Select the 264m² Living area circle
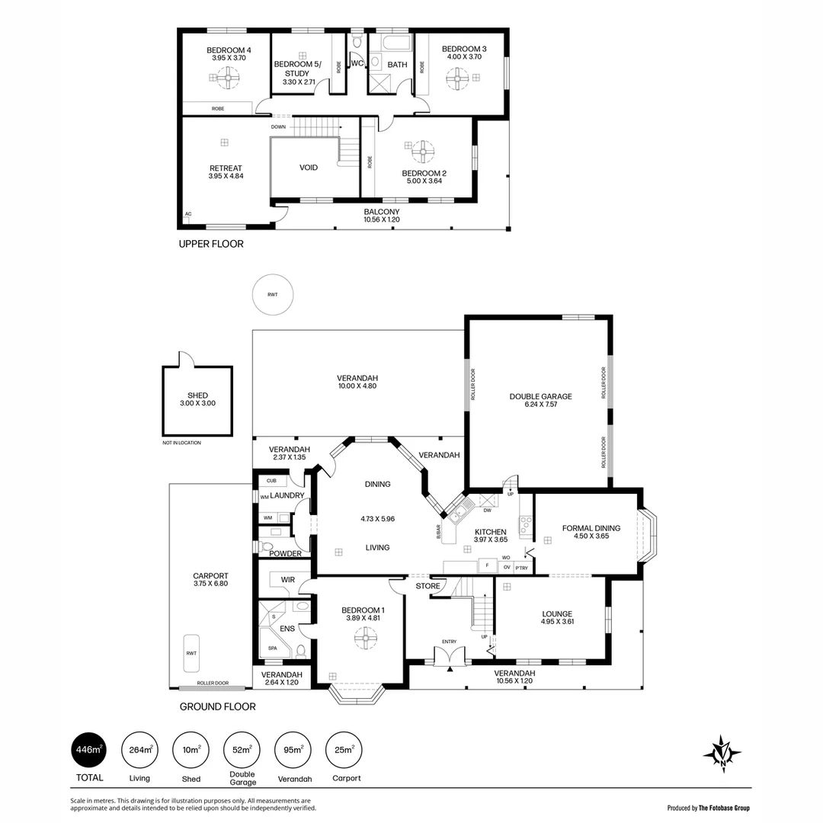[139, 750]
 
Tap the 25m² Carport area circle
[343, 750]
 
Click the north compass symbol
[721, 754]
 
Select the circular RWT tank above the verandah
[273, 295]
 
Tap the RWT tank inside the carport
[191, 652]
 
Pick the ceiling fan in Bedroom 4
[226, 77]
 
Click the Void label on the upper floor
[309, 168]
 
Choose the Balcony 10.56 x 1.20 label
[381, 216]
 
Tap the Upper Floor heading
[211, 245]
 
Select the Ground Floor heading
[217, 706]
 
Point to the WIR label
[287, 580]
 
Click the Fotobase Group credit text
[708, 808]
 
